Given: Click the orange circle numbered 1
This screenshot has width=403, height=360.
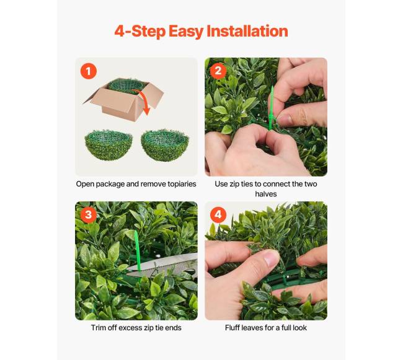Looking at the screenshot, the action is [89, 71].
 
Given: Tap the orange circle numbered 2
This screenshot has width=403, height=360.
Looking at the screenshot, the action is [218, 71].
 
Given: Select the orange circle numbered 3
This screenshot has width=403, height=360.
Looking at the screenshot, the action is [89, 214].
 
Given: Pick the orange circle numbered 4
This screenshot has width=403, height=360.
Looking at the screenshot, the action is [218, 214].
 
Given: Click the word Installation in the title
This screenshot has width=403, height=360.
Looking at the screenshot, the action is [247, 31].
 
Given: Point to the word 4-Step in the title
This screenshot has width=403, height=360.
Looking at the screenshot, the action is [139, 32].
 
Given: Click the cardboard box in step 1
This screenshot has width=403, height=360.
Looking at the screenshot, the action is [123, 100].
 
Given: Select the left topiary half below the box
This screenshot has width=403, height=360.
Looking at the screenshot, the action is [108, 145].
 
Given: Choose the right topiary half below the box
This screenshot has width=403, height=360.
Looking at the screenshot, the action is [165, 145].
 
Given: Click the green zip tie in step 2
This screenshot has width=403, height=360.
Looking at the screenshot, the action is [271, 108].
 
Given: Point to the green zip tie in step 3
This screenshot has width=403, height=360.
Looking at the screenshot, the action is [137, 250].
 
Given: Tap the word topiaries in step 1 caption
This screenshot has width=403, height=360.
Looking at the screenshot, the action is [182, 184].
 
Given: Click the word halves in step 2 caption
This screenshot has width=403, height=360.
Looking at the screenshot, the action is [266, 194].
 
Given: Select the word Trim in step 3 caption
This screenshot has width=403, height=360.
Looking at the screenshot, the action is [98, 328].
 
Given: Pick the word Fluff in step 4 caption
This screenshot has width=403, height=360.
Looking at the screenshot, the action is [232, 328].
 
